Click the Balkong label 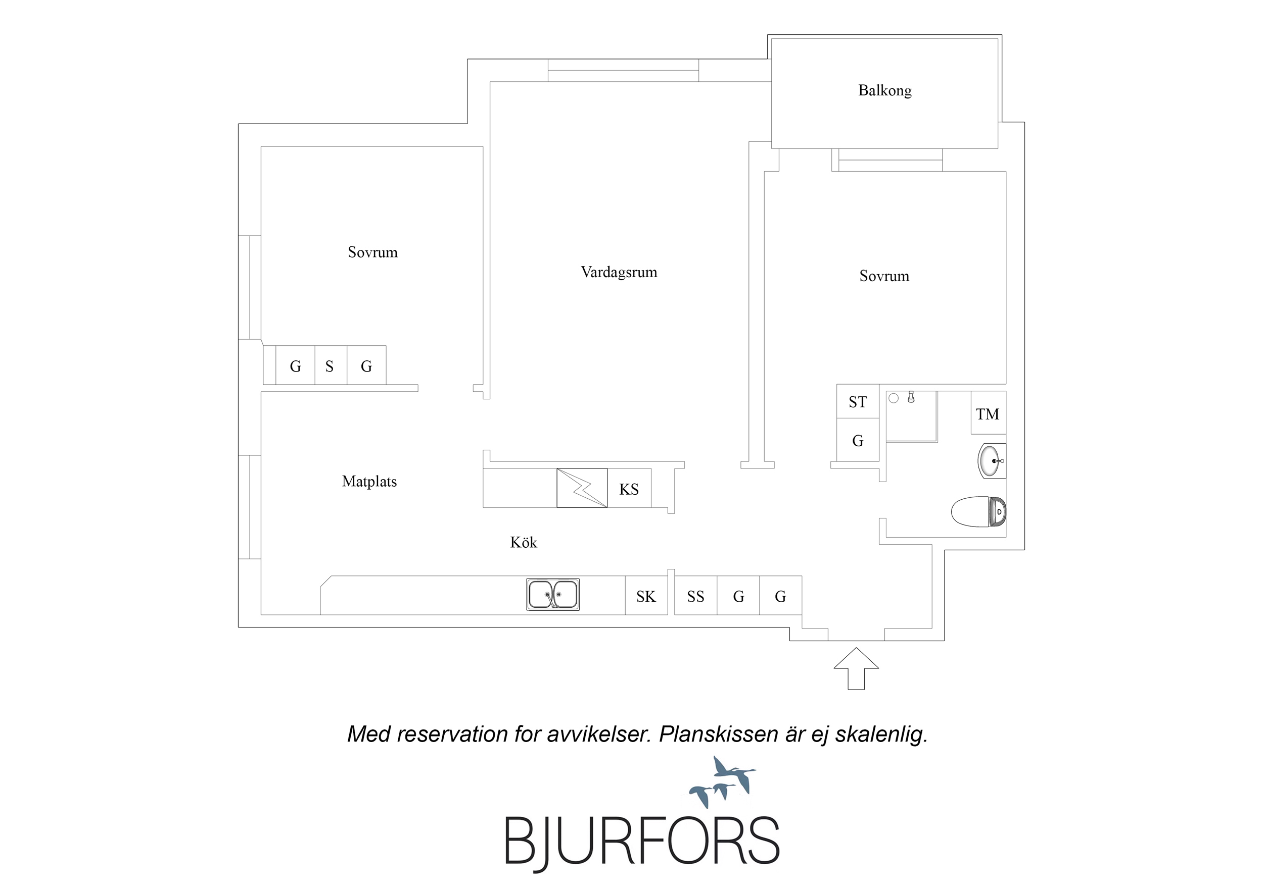(x=884, y=91)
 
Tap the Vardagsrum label (x=619, y=272)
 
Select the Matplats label (x=369, y=482)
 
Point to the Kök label (x=523, y=543)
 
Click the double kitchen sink (x=553, y=595)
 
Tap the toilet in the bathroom (x=978, y=512)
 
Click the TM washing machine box (x=988, y=413)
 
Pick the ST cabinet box (x=858, y=401)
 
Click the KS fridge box (x=629, y=488)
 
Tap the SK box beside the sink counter (x=646, y=595)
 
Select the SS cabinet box (x=696, y=595)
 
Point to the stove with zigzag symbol (x=582, y=488)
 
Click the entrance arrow (x=856, y=668)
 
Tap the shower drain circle (x=894, y=398)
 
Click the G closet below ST (x=858, y=440)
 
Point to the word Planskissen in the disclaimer (x=718, y=734)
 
